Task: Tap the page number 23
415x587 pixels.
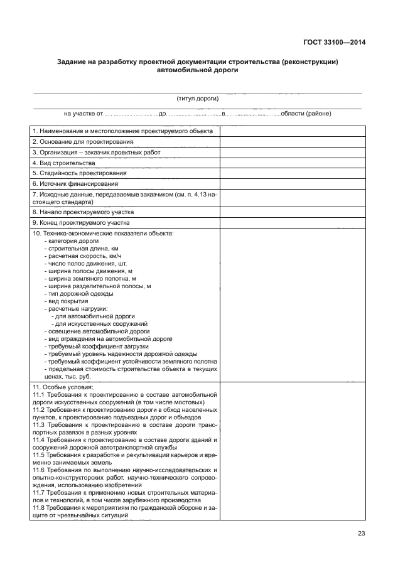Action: [x=361, y=534]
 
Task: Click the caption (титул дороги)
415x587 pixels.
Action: [x=198, y=99]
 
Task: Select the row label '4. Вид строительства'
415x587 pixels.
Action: [x=63, y=163]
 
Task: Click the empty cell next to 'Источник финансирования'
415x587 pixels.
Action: [x=292, y=183]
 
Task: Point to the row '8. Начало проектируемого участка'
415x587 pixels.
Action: [x=82, y=212]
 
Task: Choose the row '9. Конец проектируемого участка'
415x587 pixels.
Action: [x=81, y=222]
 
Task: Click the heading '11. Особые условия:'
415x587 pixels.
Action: [x=62, y=387]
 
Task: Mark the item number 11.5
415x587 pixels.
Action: [x=38, y=455]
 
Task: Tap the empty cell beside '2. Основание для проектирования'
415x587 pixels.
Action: [x=292, y=142]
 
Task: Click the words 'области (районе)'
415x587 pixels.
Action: [x=306, y=114]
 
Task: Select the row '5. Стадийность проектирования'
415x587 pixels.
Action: [x=79, y=173]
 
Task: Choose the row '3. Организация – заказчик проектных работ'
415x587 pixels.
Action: [x=96, y=152]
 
